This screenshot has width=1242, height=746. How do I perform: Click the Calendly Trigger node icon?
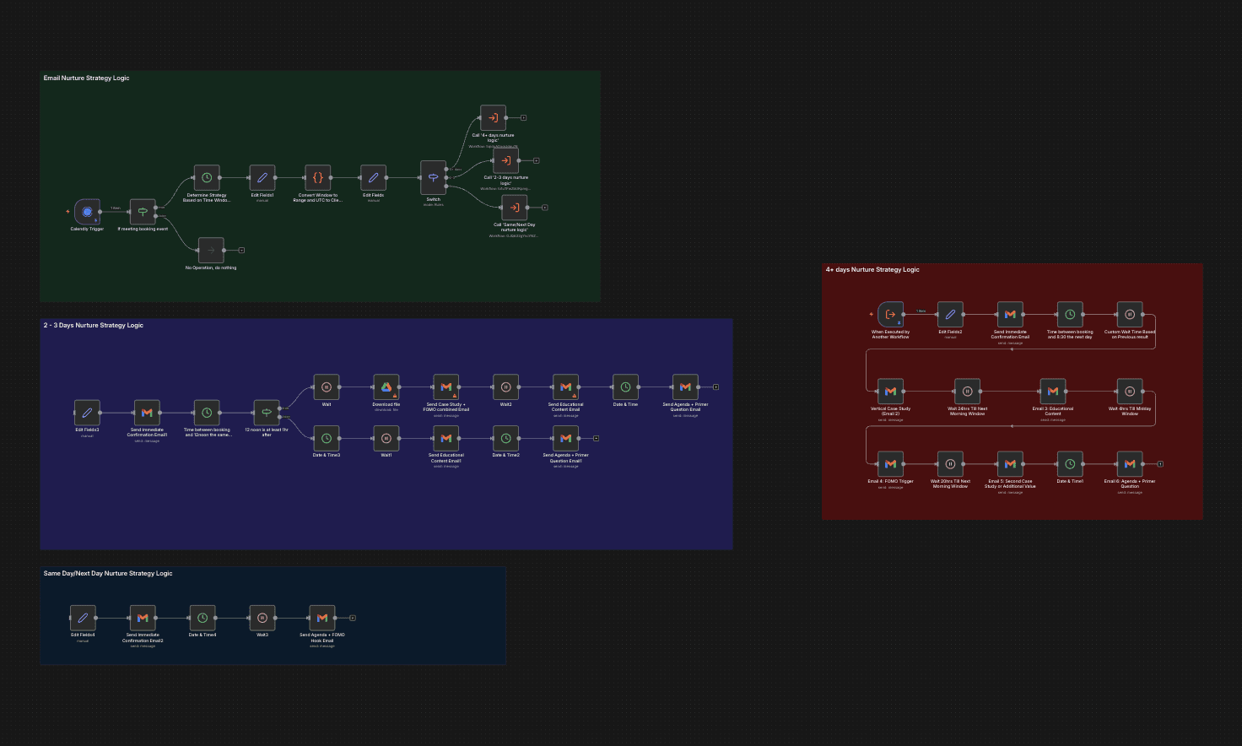[x=87, y=212]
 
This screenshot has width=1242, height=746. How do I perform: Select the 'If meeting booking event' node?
[x=143, y=212]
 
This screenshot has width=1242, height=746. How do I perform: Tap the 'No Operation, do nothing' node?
[x=211, y=251]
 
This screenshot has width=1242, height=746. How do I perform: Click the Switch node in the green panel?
[x=433, y=178]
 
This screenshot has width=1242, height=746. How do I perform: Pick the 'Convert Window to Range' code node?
[x=317, y=178]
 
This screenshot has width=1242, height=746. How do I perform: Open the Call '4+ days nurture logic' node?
[x=493, y=118]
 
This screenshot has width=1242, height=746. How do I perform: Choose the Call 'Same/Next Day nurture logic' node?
[x=514, y=208]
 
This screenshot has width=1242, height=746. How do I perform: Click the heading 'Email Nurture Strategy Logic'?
[x=86, y=78]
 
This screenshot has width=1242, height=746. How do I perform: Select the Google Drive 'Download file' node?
[x=386, y=387]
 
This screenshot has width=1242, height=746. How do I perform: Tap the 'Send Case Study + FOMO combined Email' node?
[x=445, y=387]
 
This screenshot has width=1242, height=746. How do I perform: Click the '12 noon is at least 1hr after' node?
[x=267, y=413]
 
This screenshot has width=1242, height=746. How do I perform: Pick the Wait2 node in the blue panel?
[x=505, y=387]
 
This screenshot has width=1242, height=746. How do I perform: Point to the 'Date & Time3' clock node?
[x=327, y=438]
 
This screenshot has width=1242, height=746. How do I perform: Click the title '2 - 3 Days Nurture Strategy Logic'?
[x=93, y=326]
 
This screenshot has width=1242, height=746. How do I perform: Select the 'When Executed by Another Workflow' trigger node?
[x=890, y=315]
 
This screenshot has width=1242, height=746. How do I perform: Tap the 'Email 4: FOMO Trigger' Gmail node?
[x=890, y=464]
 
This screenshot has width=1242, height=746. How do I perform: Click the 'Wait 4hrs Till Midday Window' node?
[x=1130, y=392]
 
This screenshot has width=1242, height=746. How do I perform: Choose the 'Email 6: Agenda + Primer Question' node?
[x=1130, y=464]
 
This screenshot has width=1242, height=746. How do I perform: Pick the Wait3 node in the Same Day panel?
[x=262, y=618]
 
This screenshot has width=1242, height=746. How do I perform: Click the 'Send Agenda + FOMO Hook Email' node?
[x=321, y=618]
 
